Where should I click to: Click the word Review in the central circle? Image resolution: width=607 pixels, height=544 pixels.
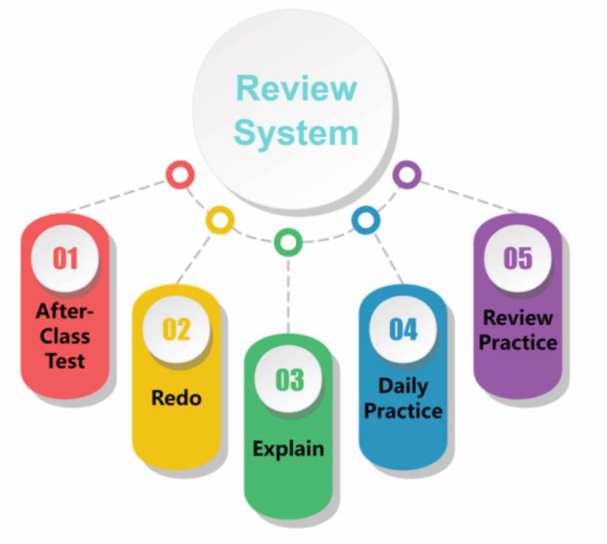(297, 89)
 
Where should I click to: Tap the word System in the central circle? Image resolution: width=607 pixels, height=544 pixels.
(297, 132)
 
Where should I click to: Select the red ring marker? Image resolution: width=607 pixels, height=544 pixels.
(180, 174)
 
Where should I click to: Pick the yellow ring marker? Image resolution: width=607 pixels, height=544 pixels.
(220, 220)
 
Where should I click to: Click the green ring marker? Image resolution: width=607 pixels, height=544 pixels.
(288, 242)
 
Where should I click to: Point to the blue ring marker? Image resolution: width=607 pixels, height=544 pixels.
(366, 220)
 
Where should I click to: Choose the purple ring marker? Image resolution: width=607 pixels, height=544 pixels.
(407, 174)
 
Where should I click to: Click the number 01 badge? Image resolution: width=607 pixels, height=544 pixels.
(65, 258)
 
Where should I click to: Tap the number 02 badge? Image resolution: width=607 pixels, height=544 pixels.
(176, 329)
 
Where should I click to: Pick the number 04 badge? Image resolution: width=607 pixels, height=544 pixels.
(403, 329)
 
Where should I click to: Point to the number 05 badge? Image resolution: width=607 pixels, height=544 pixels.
(517, 258)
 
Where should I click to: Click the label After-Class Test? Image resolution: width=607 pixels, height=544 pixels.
(65, 336)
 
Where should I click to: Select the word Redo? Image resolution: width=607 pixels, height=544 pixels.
(176, 398)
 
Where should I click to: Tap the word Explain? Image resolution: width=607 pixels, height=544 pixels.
(289, 448)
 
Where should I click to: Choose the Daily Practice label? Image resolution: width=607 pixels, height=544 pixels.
(403, 398)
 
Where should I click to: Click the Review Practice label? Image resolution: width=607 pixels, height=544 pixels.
(518, 330)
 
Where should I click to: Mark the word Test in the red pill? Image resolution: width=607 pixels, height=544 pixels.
(65, 361)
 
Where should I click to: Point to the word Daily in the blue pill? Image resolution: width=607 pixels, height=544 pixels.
(403, 386)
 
